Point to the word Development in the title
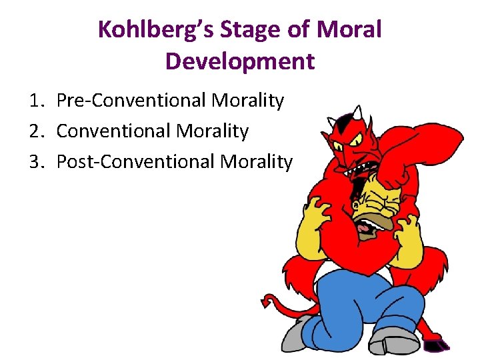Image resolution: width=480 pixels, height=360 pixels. point(239,61)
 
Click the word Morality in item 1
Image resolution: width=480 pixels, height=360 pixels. point(247,101)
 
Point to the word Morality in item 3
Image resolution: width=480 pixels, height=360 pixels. point(257,161)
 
